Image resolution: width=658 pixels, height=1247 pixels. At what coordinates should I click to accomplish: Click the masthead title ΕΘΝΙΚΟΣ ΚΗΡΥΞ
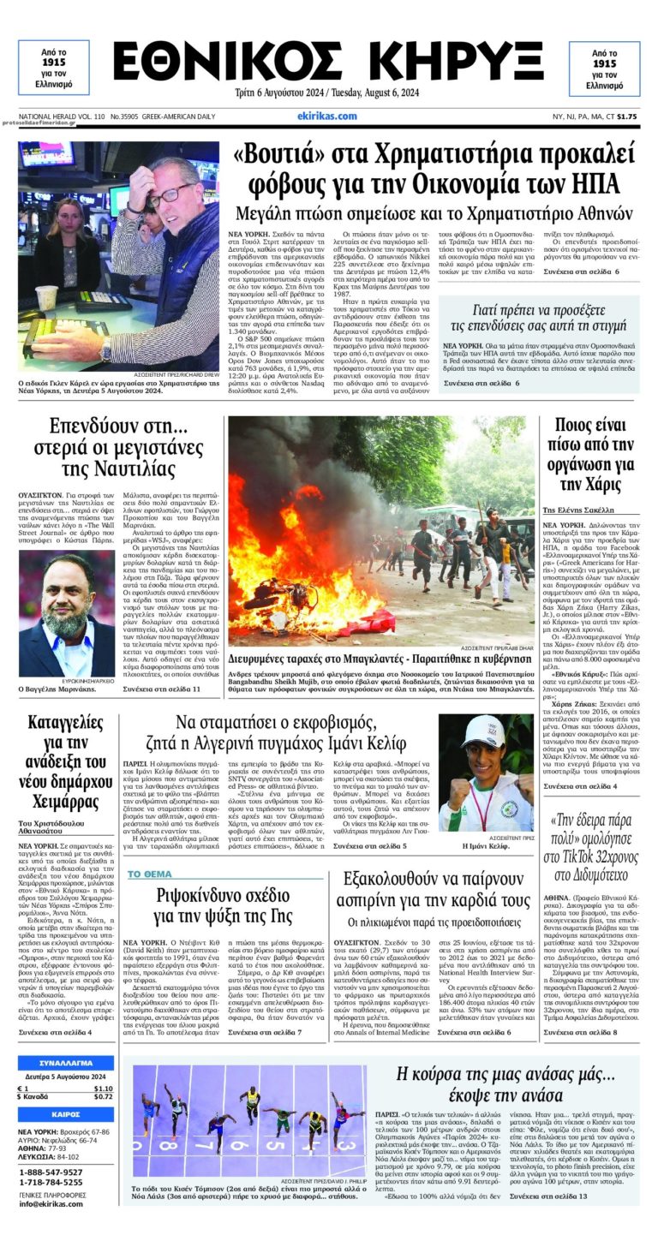[328, 63]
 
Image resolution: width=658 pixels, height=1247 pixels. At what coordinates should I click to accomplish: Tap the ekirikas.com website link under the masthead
[327, 116]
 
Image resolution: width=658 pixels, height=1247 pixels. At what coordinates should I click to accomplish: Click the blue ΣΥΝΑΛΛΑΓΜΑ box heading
[65, 1064]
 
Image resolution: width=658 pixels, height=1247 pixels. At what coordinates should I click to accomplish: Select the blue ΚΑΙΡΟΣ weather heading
[65, 1114]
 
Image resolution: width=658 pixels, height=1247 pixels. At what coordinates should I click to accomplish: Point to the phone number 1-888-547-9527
[51, 1172]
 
